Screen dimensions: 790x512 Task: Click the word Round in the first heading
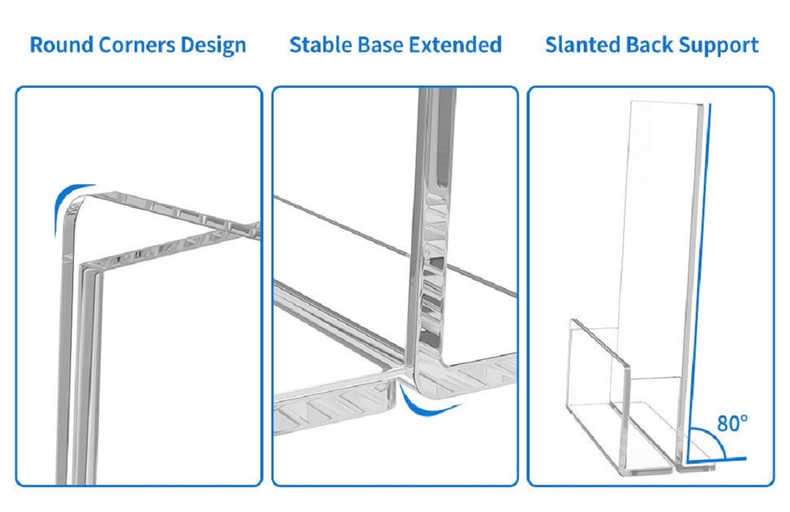click(x=61, y=45)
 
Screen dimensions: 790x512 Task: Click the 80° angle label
click(x=732, y=423)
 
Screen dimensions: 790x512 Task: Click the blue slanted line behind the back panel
click(x=699, y=282)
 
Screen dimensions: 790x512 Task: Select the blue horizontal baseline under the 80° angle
click(x=716, y=459)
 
